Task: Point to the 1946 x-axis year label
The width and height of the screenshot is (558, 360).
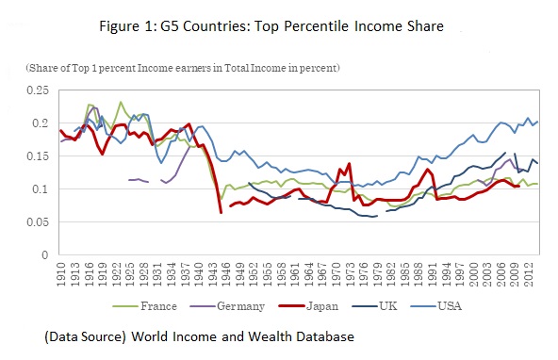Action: click(x=229, y=276)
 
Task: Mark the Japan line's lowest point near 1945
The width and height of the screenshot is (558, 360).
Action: click(x=222, y=213)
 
